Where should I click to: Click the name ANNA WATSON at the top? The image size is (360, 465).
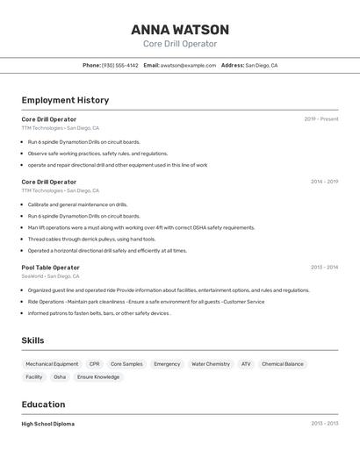[x=180, y=30]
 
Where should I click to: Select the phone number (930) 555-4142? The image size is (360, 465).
[x=119, y=65]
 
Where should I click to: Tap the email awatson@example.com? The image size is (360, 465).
[x=188, y=65]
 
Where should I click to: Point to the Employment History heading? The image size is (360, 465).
[x=65, y=100]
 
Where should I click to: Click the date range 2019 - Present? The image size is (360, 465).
[x=320, y=119]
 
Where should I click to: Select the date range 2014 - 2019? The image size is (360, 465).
[x=324, y=182]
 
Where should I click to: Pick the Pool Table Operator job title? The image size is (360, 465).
[x=50, y=268]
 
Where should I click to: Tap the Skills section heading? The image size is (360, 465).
[x=32, y=340]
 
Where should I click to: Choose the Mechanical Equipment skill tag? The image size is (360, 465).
[x=52, y=364]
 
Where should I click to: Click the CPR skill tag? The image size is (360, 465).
[x=94, y=364]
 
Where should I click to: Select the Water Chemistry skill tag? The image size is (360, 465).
[x=211, y=364]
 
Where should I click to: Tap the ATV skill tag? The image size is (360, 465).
[x=246, y=364]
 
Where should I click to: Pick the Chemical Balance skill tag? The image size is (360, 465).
[x=282, y=364]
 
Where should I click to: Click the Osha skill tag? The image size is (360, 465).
[x=60, y=377]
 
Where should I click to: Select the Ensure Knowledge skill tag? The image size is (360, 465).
[x=98, y=377]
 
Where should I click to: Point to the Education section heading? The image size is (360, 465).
[x=43, y=404]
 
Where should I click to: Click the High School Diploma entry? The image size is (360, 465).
[x=47, y=424]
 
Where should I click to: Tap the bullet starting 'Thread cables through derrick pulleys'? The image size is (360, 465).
[x=91, y=239]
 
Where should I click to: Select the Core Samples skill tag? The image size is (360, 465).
[x=126, y=364]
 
